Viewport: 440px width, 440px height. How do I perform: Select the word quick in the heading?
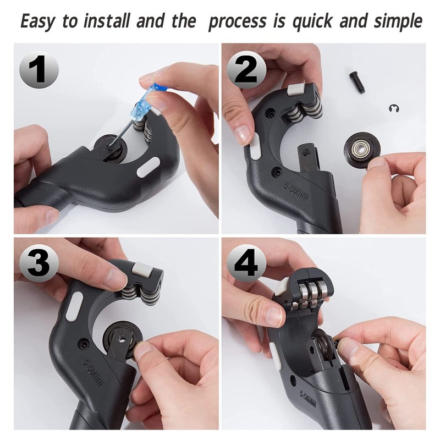[306, 21]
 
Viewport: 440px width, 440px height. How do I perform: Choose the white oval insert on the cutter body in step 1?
[148, 167]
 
